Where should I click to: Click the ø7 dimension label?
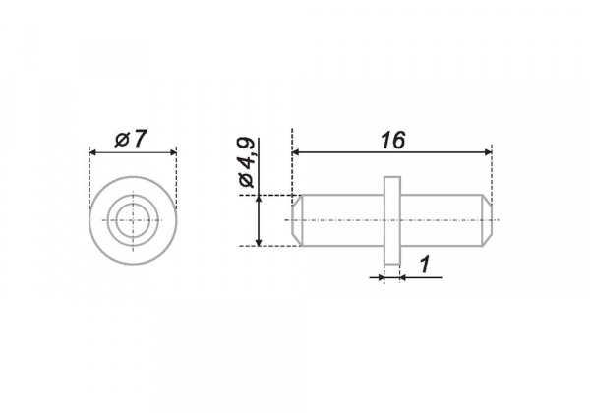130,140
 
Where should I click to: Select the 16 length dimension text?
392,141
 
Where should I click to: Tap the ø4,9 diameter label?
247,162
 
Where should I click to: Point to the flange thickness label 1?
425,265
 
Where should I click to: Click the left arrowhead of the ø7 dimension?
93,152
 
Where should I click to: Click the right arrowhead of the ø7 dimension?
173,152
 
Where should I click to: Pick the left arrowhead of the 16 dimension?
296,152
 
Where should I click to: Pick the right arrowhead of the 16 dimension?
488,152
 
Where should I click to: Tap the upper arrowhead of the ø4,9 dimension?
259,199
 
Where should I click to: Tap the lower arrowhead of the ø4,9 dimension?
259,242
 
